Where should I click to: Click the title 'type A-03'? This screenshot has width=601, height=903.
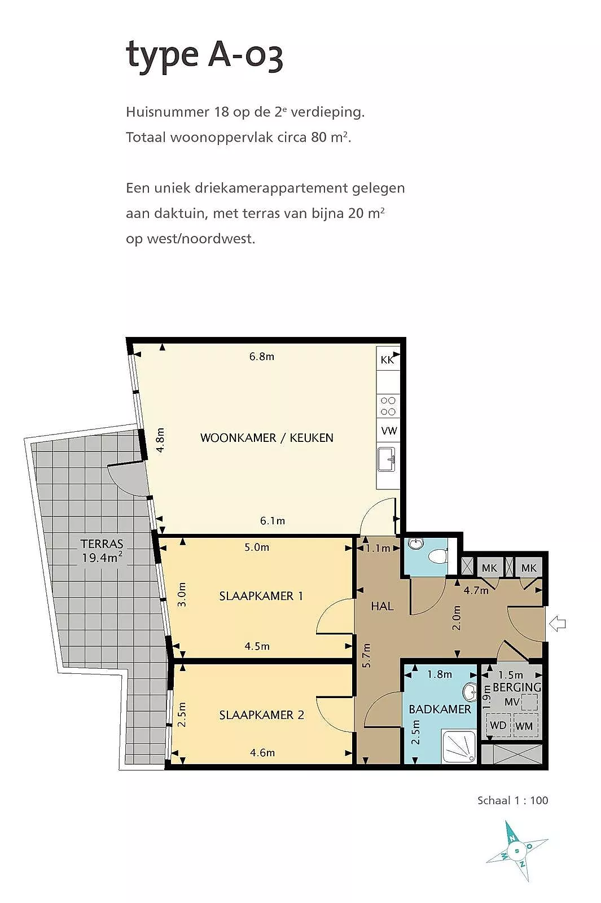pos(204,55)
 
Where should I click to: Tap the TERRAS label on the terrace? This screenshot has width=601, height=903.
pos(102,543)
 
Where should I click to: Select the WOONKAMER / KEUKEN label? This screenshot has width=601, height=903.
pos(266,438)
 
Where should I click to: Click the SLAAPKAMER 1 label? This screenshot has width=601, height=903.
pos(261,596)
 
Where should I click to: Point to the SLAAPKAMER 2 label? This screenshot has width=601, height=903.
pos(261,714)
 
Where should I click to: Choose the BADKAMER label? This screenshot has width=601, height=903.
pos(440,709)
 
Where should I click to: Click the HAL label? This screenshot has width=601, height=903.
pos(382,606)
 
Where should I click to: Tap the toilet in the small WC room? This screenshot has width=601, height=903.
pos(438,556)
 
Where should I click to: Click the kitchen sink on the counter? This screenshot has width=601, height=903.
pos(387,459)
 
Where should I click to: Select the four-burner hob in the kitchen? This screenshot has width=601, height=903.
pos(388,406)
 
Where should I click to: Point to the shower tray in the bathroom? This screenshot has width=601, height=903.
pos(459,746)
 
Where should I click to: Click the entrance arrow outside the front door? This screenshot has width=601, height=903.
pos(558,624)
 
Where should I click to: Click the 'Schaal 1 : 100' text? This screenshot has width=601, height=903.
pos(513,800)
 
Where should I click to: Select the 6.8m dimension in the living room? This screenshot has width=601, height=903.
pos(262,356)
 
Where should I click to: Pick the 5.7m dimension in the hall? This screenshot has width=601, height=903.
pos(366,655)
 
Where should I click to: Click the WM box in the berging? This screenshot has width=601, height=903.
pos(524,726)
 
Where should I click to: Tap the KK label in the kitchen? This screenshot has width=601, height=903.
pos(387,360)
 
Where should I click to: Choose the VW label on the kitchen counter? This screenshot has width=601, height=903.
pos(389,431)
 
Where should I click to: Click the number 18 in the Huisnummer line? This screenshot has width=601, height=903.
pos(222,112)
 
